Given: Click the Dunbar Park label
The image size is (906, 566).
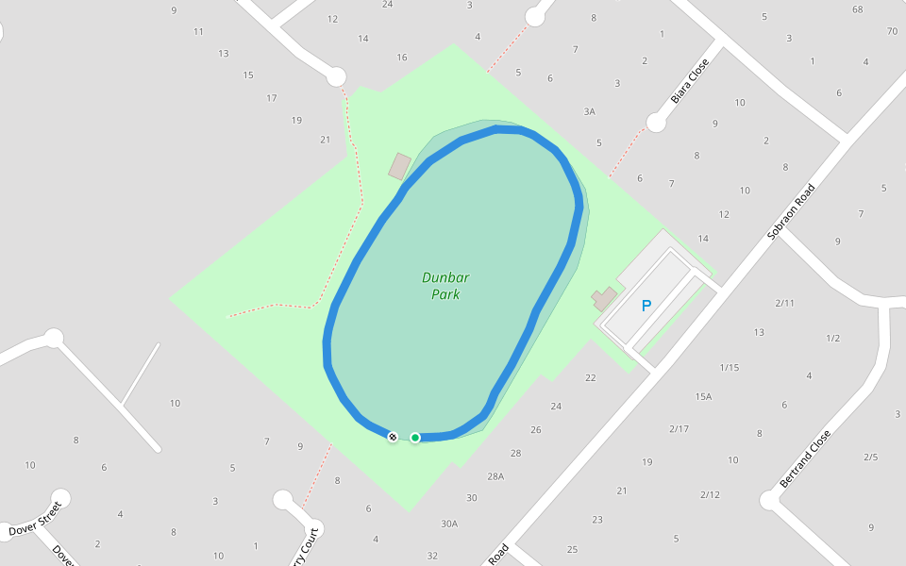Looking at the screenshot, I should [445, 286].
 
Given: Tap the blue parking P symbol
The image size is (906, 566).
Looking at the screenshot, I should [646, 306].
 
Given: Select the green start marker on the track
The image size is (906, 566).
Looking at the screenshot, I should [414, 437].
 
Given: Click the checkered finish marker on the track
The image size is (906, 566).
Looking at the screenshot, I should [393, 436].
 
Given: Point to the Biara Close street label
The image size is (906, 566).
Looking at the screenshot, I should [689, 82].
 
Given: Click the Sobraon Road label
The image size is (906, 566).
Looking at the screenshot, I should [790, 212].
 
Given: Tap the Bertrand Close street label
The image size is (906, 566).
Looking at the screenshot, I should [805, 459].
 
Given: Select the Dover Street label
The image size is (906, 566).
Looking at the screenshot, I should [35, 520].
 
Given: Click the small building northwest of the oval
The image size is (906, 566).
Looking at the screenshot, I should [399, 167].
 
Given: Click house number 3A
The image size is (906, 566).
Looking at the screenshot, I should [589, 111].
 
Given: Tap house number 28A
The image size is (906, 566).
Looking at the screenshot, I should [495, 476].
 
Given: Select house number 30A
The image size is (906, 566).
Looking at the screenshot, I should [449, 524].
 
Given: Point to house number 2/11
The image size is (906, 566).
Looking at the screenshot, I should [784, 303].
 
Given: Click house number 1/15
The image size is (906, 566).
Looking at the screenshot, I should [729, 367].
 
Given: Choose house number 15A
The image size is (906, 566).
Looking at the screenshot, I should [703, 397].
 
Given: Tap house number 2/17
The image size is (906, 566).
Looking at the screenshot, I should [679, 429].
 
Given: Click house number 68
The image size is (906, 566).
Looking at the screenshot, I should [857, 10].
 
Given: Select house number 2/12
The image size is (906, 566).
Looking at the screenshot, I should [710, 494].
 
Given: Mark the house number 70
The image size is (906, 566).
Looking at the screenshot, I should [892, 31].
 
